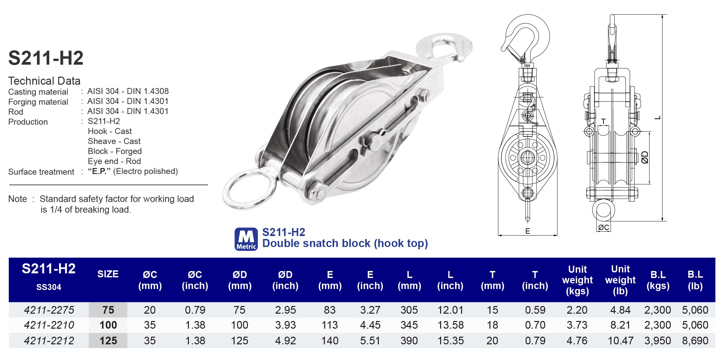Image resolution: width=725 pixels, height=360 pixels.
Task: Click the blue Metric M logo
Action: pyautogui.click(x=246, y=239)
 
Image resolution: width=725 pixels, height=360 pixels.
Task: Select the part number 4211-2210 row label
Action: pyautogui.click(x=49, y=325)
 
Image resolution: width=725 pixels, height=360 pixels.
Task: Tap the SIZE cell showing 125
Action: pyautogui.click(x=108, y=341)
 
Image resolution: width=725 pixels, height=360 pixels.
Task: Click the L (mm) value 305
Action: pyautogui.click(x=409, y=310)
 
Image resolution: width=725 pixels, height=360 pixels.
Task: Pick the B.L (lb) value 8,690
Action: pyautogui.click(x=695, y=341)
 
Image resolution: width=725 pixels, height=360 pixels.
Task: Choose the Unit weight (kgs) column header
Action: pyautogui.click(x=577, y=280)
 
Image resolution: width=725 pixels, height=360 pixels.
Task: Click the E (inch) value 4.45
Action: pyautogui.click(x=370, y=325)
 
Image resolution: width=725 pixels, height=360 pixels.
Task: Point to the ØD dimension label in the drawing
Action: pyautogui.click(x=645, y=157)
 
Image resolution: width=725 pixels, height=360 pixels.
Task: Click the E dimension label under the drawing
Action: pyautogui.click(x=527, y=231)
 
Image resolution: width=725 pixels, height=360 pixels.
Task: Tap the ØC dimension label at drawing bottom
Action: pyautogui.click(x=603, y=227)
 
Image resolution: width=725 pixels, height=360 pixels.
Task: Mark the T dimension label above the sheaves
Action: pyautogui.click(x=603, y=121)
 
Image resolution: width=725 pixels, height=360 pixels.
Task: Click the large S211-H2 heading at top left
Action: pyautogui.click(x=46, y=58)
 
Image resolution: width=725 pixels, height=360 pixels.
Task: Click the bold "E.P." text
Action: pyautogui.click(x=99, y=171)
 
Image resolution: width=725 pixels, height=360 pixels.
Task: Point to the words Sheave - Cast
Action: pyautogui.click(x=114, y=141)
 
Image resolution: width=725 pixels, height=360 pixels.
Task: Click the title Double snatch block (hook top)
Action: pyautogui.click(x=345, y=243)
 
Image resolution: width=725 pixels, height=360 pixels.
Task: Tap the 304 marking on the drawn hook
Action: pyautogui.click(x=527, y=66)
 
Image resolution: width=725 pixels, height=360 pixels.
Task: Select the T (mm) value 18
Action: pyautogui.click(x=492, y=325)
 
